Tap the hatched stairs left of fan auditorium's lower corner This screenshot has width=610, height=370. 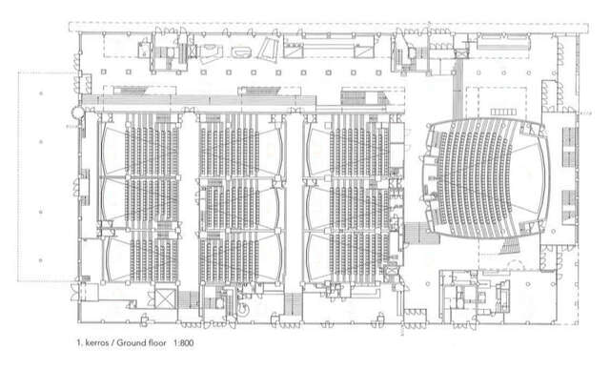[417, 231]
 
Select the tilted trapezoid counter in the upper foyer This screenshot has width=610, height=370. [270, 48]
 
